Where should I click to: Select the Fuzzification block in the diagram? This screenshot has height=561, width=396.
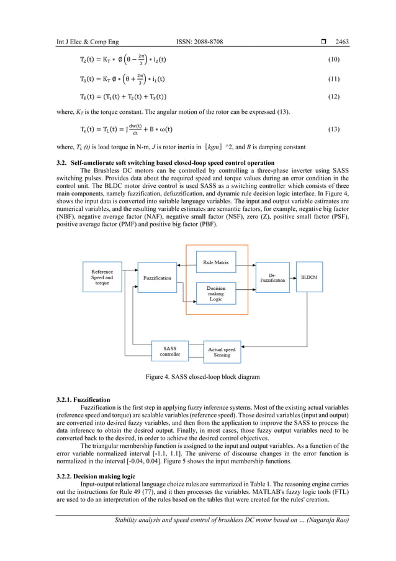(x=157, y=278)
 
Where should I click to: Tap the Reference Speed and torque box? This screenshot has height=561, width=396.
(x=102, y=277)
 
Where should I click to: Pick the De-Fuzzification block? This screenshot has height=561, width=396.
(x=272, y=278)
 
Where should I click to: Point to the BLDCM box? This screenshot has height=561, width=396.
(x=308, y=277)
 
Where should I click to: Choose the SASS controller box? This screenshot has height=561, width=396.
(x=169, y=351)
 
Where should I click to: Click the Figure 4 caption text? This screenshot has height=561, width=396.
(x=197, y=377)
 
